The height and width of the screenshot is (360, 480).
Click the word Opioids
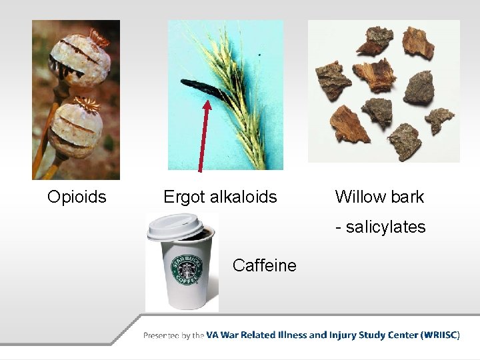click(x=77, y=197)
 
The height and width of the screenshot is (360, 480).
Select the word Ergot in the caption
click(x=184, y=197)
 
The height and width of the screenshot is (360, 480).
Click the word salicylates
click(x=385, y=227)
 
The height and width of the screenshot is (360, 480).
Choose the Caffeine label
click(x=264, y=266)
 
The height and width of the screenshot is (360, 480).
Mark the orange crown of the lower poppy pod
click(x=86, y=103)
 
